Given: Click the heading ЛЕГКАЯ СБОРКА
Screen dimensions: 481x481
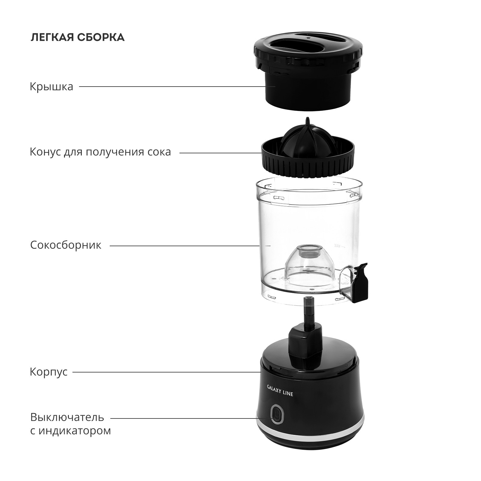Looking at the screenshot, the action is coord(77,37).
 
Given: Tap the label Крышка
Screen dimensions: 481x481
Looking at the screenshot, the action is coord(51,87).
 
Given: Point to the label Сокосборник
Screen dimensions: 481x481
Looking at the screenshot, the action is coord(66,245).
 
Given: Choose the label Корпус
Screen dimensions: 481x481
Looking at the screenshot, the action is coord(48,372).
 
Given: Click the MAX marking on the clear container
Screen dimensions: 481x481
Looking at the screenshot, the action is coord(337,246).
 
